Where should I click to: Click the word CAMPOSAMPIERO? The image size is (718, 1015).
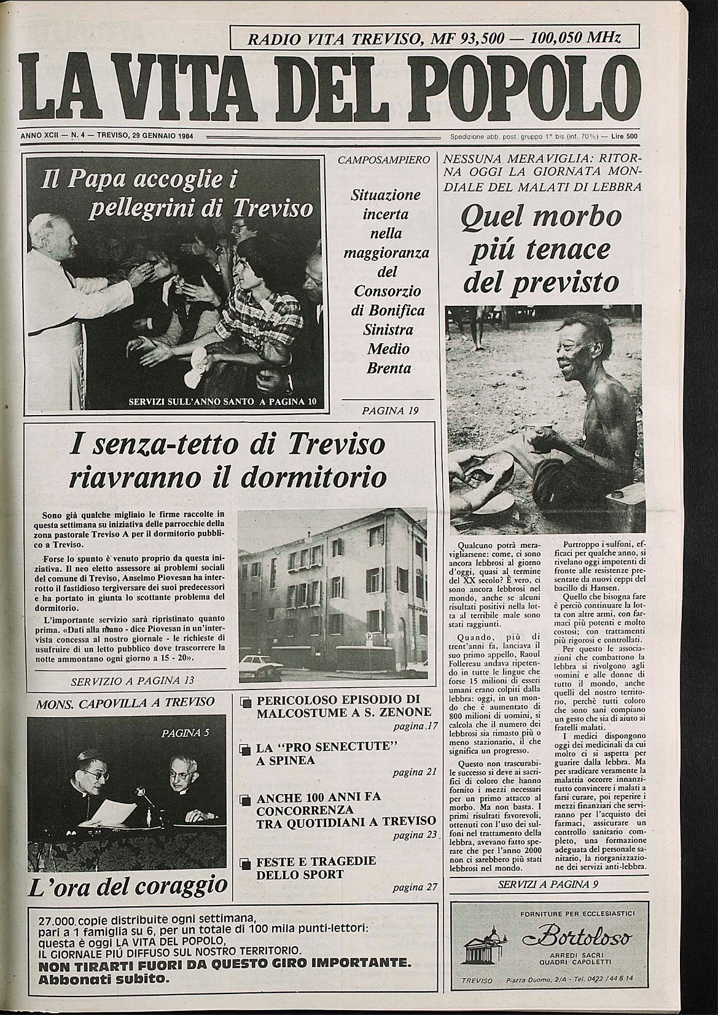click(384, 160)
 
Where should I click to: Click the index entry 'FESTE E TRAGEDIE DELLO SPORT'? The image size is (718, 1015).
click(316, 867)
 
